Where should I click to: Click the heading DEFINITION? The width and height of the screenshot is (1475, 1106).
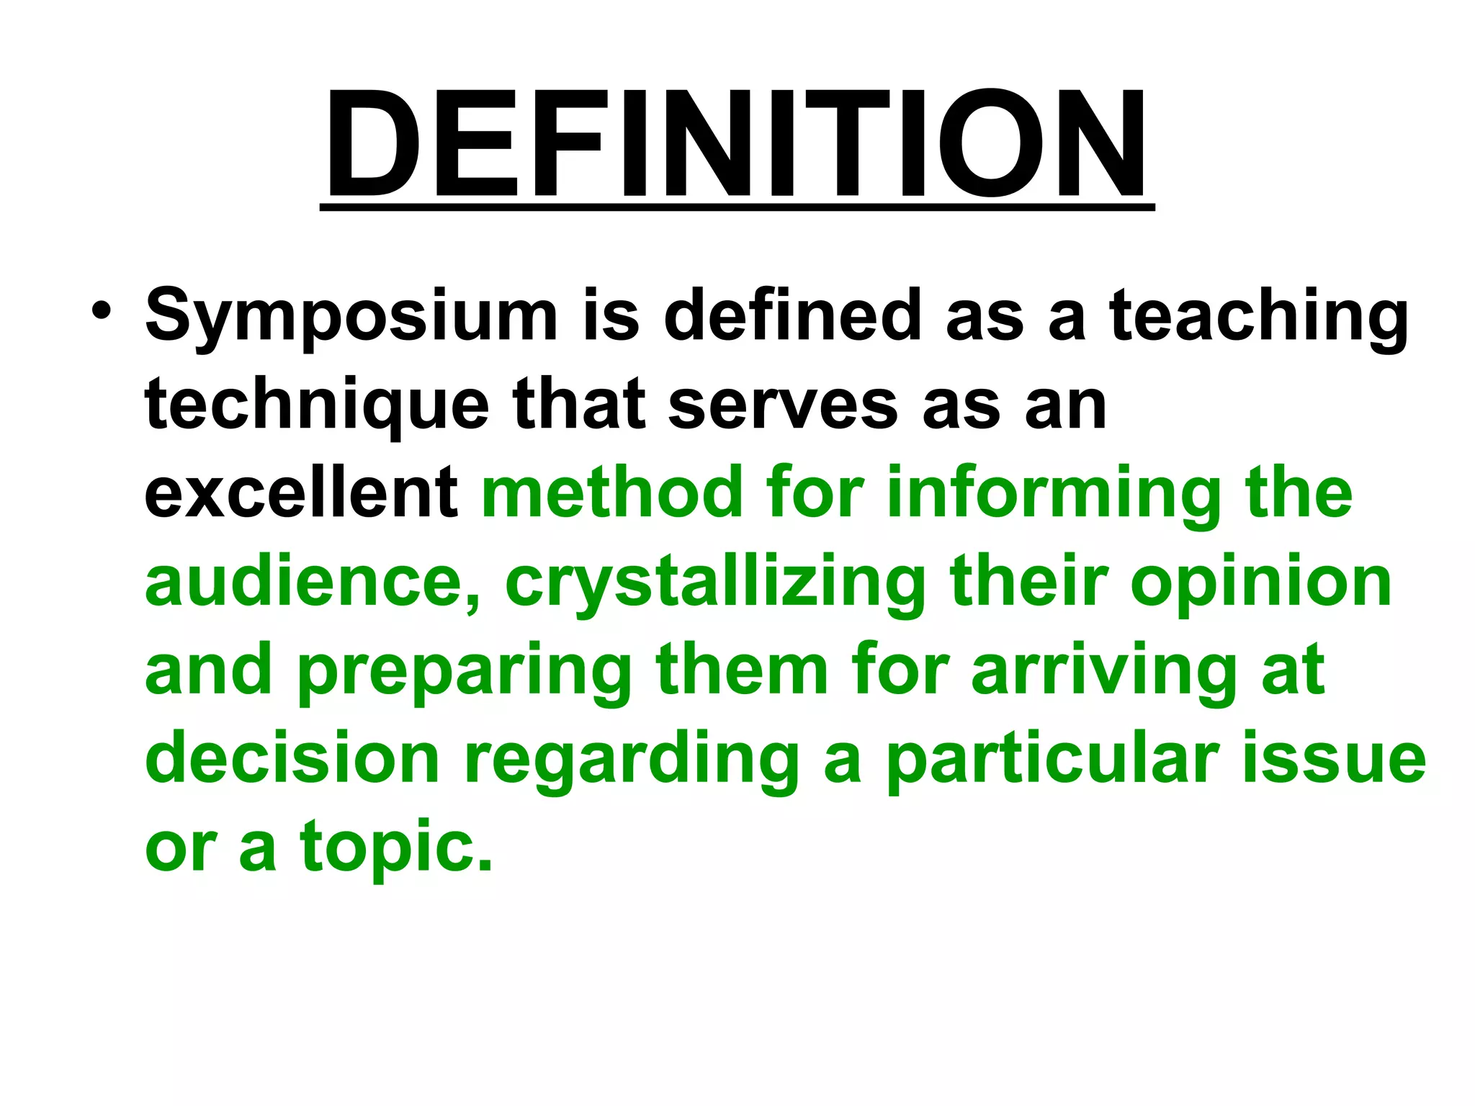click(x=737, y=144)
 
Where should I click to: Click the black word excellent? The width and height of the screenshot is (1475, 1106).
click(x=301, y=493)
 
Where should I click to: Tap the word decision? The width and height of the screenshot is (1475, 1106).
click(x=292, y=760)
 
